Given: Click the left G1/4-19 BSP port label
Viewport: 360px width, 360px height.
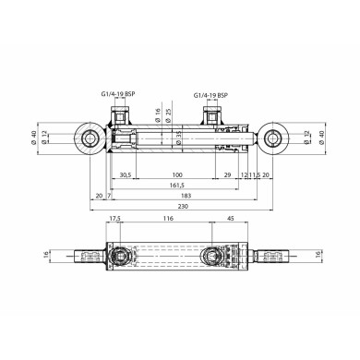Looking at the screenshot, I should [118, 93].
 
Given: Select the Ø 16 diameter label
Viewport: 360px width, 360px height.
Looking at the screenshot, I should [158, 115].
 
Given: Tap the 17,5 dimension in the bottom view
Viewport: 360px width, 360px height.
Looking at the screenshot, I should [114, 219].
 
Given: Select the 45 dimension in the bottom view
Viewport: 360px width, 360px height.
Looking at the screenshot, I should [230, 219].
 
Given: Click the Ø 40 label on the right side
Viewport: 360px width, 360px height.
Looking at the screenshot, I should [322, 138].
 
